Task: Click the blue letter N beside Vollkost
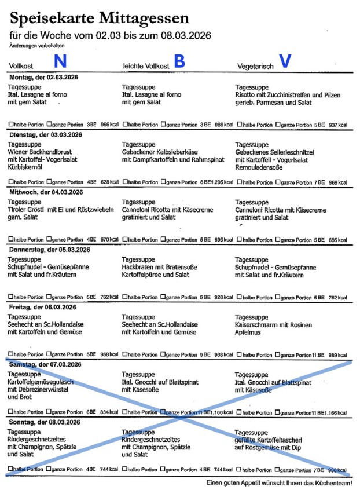[x=60, y=62]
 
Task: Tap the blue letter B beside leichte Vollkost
[x=179, y=62]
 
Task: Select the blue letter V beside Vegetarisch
[x=284, y=62]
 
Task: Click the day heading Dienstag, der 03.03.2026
[x=45, y=134]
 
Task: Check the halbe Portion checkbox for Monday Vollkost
[x=10, y=125]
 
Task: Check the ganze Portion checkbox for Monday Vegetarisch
[x=278, y=125]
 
